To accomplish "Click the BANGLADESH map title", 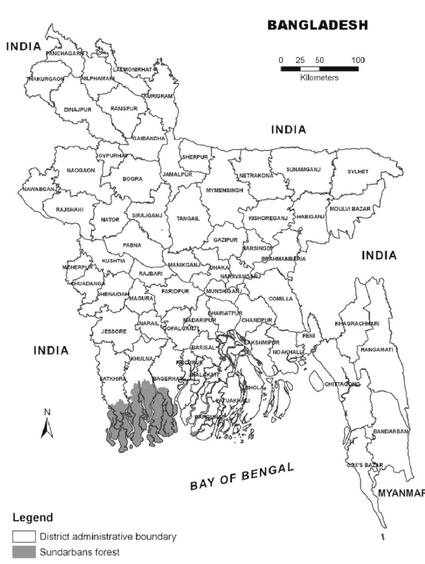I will tap(317, 25).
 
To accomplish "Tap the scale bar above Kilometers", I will tap(319, 69).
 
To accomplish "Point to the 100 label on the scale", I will tap(358, 60).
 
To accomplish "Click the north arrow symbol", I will tap(48, 424).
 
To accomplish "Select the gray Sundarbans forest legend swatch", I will tap(24, 551).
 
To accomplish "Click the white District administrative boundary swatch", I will tap(24, 536).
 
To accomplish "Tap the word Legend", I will tap(33, 518).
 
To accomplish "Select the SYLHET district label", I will tap(358, 171).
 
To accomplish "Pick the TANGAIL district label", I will tap(188, 218).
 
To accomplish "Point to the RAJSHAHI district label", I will tap(70, 209).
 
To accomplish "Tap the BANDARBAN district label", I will tap(391, 432).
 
